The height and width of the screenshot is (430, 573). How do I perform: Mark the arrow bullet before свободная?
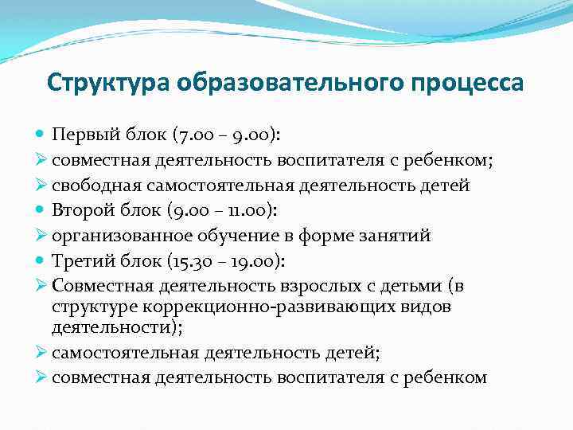(42, 185)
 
